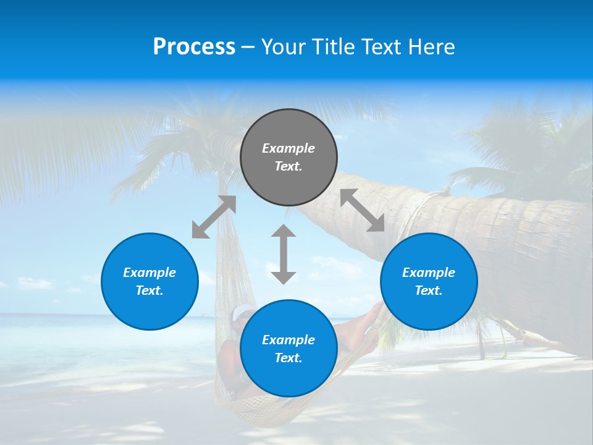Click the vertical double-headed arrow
(x=284, y=254)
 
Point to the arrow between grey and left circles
(x=214, y=217)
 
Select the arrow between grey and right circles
(x=363, y=210)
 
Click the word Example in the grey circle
(x=288, y=148)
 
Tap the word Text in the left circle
(x=149, y=290)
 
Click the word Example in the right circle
(x=429, y=273)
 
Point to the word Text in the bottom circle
(x=288, y=358)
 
